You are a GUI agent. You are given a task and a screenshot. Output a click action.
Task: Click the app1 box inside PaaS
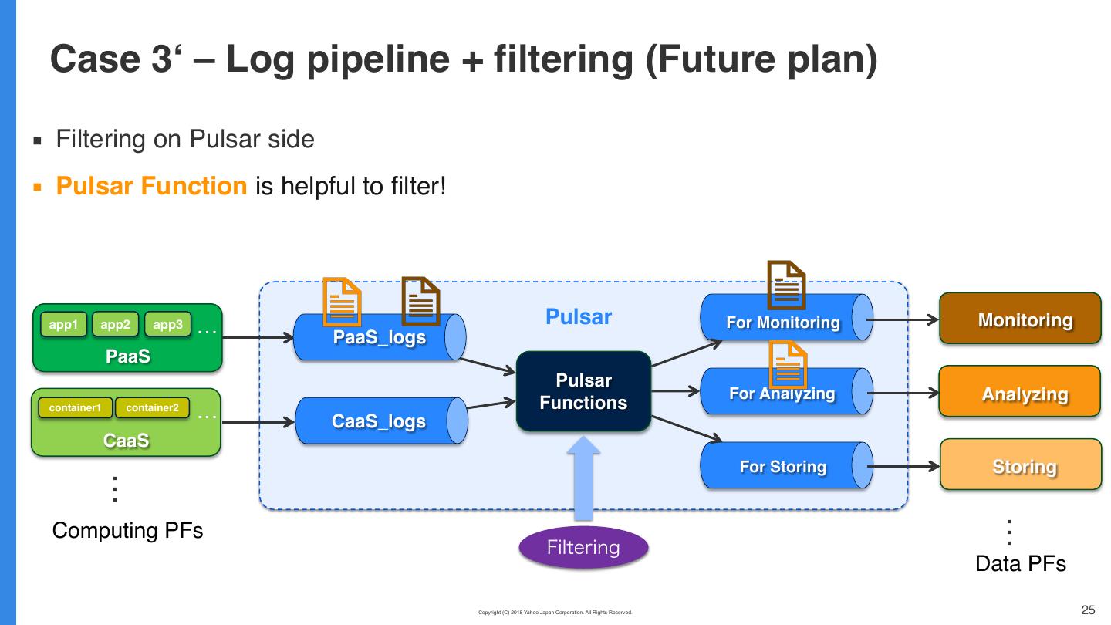(x=63, y=325)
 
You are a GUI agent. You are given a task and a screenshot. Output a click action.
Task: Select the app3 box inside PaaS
(x=167, y=325)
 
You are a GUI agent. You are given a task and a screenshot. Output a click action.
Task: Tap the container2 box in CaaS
(x=152, y=407)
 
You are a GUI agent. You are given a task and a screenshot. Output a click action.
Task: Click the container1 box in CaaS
(x=75, y=407)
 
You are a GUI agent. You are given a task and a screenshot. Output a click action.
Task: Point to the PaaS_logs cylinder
(x=380, y=337)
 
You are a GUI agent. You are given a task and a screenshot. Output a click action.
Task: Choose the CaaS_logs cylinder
(x=380, y=421)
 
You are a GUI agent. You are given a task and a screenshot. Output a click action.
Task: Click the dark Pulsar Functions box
(x=583, y=391)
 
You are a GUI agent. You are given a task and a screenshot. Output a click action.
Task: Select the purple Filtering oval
(x=583, y=548)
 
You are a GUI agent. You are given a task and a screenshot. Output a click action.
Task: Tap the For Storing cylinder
(x=784, y=466)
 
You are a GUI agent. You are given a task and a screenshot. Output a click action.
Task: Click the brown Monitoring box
(x=1020, y=320)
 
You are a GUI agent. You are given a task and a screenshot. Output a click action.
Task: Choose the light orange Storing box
(x=1020, y=466)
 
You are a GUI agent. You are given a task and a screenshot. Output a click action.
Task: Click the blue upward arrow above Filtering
(x=585, y=478)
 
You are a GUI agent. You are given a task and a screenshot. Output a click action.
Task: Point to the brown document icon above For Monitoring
(x=786, y=285)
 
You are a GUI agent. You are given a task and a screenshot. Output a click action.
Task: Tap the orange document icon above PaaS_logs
(x=342, y=301)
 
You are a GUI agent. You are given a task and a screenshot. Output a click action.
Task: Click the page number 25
(x=1089, y=610)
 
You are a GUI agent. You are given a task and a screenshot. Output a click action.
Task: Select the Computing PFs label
(x=128, y=531)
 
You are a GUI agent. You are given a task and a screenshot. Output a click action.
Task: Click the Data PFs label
(x=1020, y=564)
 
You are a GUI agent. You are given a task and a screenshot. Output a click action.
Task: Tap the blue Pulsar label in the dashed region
(x=579, y=317)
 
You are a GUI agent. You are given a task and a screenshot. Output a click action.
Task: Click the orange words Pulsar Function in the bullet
(x=151, y=186)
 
